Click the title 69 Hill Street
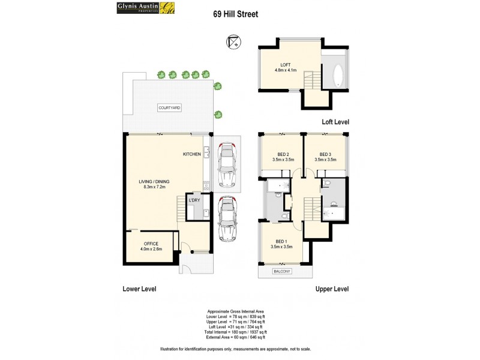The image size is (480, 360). tap(236, 14)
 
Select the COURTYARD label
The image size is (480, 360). tap(169, 108)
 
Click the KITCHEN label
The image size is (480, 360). tap(192, 155)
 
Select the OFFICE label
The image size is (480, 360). tap(151, 244)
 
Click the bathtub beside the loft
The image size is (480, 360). tap(338, 75)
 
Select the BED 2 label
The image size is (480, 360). tap(281, 153)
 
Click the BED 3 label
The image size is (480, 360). tap(326, 153)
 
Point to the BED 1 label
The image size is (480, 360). tap(281, 241)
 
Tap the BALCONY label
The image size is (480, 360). tap(281, 272)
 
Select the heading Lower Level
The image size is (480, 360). tap(139, 289)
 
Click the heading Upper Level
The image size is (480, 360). tap(332, 289)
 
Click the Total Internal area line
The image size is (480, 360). tap(236, 331)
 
